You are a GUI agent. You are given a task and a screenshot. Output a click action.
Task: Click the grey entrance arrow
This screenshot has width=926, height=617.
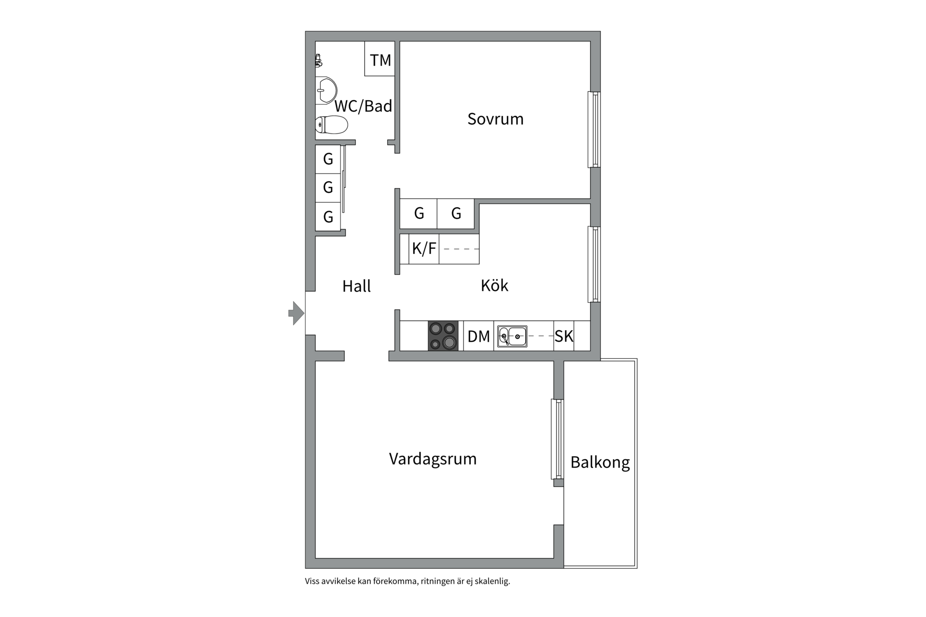[x=296, y=313]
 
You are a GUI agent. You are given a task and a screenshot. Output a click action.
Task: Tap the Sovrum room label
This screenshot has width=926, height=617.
[x=495, y=119]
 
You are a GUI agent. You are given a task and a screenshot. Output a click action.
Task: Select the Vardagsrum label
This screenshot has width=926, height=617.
[x=433, y=459]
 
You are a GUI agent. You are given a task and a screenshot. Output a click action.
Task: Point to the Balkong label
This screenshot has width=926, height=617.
[x=600, y=463]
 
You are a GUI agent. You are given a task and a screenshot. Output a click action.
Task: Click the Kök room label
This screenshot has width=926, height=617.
[x=494, y=286]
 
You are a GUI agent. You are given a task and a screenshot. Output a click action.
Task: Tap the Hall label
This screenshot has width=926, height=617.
[x=356, y=286]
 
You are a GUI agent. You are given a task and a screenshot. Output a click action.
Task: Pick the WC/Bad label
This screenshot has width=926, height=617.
[x=363, y=106]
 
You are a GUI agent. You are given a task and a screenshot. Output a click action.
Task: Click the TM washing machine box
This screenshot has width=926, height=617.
[x=380, y=60]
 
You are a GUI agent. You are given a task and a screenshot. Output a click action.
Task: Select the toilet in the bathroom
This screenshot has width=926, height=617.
[x=332, y=125]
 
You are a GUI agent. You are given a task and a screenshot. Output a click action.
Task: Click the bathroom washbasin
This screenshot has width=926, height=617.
[x=327, y=91]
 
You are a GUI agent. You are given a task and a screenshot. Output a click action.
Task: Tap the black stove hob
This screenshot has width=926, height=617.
[x=443, y=335]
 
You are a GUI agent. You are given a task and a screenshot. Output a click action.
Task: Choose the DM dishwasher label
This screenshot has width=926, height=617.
[x=478, y=336]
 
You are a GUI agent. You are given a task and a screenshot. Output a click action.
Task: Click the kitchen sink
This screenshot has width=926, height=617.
[x=512, y=336]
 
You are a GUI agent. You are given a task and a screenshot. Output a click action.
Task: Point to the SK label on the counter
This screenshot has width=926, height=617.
[x=564, y=336]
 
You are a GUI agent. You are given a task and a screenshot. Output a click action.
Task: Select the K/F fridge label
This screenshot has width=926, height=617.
[x=424, y=249]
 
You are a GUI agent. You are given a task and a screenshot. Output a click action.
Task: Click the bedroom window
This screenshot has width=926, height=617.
[x=594, y=130]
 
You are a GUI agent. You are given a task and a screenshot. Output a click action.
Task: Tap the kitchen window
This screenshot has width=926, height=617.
[x=594, y=264]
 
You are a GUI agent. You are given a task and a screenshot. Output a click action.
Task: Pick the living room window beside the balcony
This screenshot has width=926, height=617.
[x=558, y=439]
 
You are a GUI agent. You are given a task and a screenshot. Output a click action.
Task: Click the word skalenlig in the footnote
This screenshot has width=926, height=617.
[x=492, y=581]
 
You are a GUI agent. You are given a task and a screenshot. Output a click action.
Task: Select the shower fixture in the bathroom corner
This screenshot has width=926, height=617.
[x=318, y=60]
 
